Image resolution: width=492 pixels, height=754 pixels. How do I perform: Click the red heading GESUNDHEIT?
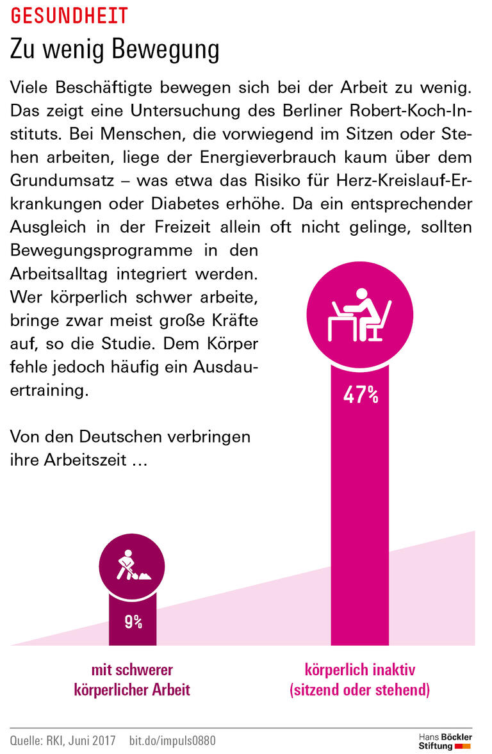point(69,15)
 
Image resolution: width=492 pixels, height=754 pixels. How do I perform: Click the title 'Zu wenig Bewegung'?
point(114,50)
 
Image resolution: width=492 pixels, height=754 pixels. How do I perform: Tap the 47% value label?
point(361,395)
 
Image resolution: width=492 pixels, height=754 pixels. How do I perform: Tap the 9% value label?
point(133,621)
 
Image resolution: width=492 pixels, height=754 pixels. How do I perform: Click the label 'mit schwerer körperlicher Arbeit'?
point(133,680)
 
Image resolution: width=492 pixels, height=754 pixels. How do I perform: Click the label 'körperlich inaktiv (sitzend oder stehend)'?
point(360,680)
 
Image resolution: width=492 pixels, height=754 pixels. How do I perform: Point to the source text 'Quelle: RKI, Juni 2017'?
point(63,741)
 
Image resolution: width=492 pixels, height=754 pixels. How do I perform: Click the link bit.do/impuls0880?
point(172,741)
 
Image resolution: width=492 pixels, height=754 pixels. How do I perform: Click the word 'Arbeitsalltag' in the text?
point(59,274)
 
